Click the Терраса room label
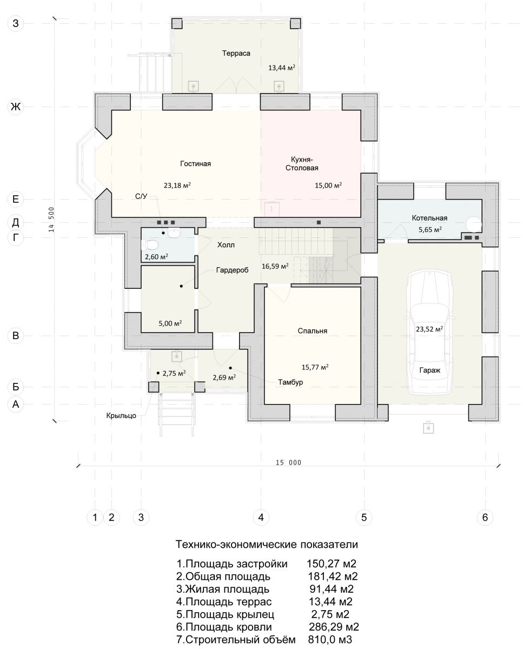(236, 54)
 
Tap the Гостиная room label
(195, 164)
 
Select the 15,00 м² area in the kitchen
(328, 185)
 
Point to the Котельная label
(429, 218)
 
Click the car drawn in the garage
(429, 332)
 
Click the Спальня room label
(312, 331)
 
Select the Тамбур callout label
(290, 382)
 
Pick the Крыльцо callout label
(121, 415)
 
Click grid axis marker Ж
(15, 107)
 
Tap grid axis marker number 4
(261, 518)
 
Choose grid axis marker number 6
(485, 518)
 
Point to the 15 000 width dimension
(288, 462)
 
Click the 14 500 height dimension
(51, 219)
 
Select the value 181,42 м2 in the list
(333, 577)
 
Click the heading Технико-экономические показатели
(267, 545)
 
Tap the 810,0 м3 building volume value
(330, 639)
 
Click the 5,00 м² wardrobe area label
(170, 323)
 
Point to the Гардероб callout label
(232, 270)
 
